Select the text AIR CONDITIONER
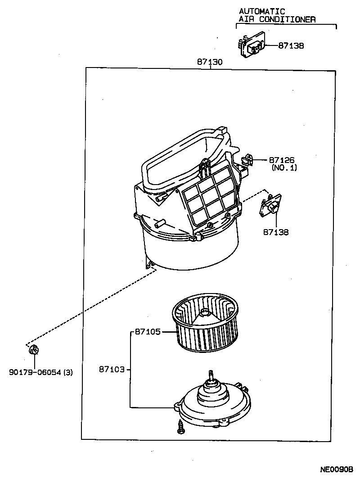click(277, 19)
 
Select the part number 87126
click(282, 160)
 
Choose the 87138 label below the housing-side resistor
click(276, 232)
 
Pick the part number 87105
click(148, 332)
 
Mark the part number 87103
click(112, 370)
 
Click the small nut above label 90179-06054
click(34, 349)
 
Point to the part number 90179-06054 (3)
click(40, 372)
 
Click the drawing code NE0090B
click(337, 470)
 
